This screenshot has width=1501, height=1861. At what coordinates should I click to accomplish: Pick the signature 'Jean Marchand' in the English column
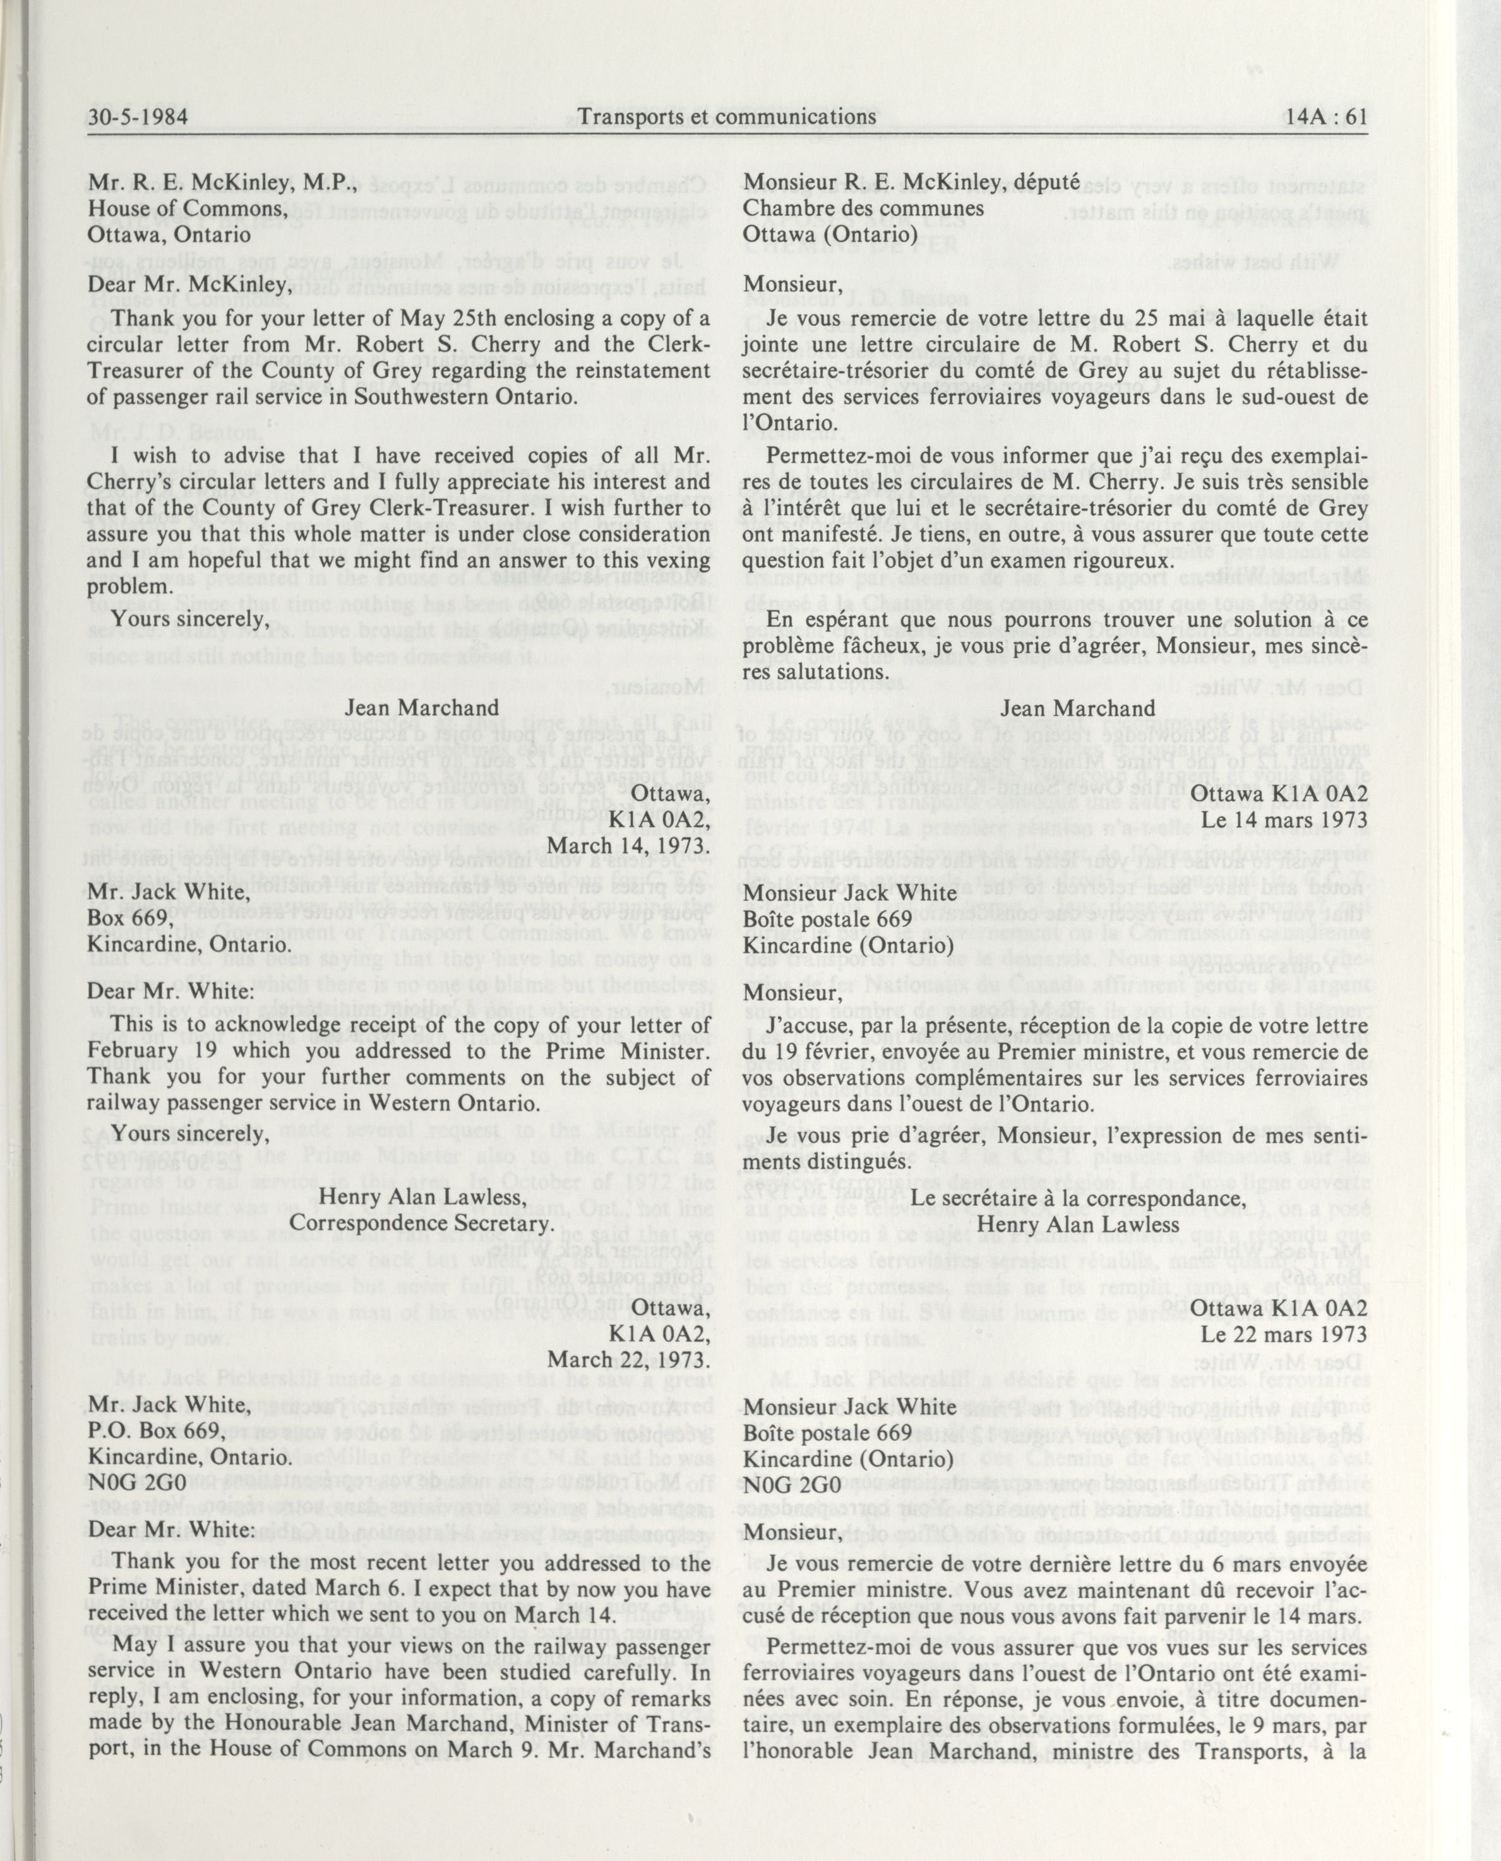pos(422,707)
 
